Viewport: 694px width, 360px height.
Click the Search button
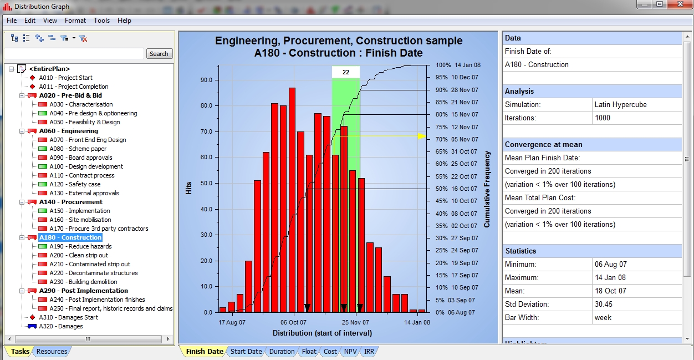pyautogui.click(x=159, y=54)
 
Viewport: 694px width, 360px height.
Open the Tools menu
pyautogui.click(x=101, y=21)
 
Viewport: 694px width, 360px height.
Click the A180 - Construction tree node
pyautogui.click(x=70, y=237)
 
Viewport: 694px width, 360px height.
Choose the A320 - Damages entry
pyautogui.click(x=60, y=326)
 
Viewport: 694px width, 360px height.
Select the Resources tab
pyautogui.click(x=52, y=351)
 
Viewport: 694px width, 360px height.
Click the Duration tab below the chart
pyautogui.click(x=282, y=351)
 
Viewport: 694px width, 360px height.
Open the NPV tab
pyautogui.click(x=350, y=351)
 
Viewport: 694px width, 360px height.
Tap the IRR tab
pyautogui.click(x=369, y=351)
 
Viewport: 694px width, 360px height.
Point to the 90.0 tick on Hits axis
pyautogui.click(x=206, y=80)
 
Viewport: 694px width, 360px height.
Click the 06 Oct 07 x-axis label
pyautogui.click(x=293, y=322)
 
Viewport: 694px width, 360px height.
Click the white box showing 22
pyautogui.click(x=346, y=72)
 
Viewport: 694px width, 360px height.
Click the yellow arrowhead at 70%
pyautogui.click(x=422, y=136)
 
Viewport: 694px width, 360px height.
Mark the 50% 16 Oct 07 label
pyautogui.click(x=456, y=189)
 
